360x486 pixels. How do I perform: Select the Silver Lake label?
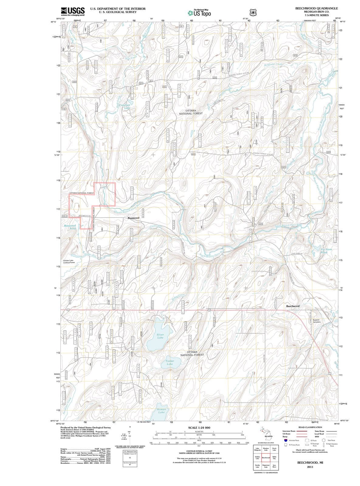coord(160,336)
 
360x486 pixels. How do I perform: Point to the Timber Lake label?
coord(170,362)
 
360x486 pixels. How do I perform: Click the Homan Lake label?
coord(161,411)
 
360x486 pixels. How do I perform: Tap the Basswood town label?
coord(133,218)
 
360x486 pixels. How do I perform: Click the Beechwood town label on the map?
coord(293,306)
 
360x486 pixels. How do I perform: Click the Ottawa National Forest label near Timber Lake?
coord(192,353)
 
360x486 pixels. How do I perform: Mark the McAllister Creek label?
coord(273,64)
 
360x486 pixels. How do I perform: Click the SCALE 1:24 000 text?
coord(199,428)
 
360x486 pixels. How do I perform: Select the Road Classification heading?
coord(311,427)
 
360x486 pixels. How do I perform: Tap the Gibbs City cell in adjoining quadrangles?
coord(274,458)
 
